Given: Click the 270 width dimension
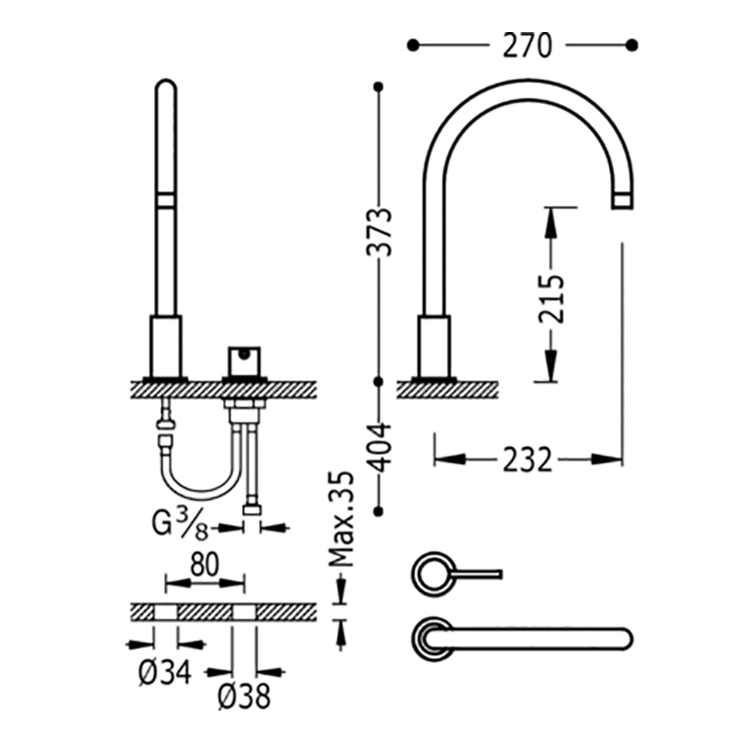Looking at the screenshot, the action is [x=527, y=45].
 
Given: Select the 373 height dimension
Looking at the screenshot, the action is [x=379, y=232].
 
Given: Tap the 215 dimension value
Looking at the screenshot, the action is [x=551, y=298].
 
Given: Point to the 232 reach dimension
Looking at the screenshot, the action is [x=527, y=459].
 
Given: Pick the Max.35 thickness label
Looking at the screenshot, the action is [x=341, y=520].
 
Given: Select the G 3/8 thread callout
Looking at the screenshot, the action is [x=180, y=524].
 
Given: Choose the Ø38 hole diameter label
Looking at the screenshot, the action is [x=244, y=697].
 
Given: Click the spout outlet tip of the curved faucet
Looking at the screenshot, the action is [x=622, y=201].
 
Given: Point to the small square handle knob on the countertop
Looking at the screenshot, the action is [x=245, y=361].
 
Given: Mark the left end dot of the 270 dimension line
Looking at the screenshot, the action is [x=412, y=45].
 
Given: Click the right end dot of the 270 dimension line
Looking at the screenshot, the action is [x=633, y=45].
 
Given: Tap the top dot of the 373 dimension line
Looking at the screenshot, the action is [x=379, y=87].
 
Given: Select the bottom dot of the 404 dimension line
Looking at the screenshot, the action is [x=379, y=511].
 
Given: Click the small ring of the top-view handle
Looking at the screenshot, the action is [x=432, y=574].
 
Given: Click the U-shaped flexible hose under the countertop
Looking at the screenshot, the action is [x=200, y=489].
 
